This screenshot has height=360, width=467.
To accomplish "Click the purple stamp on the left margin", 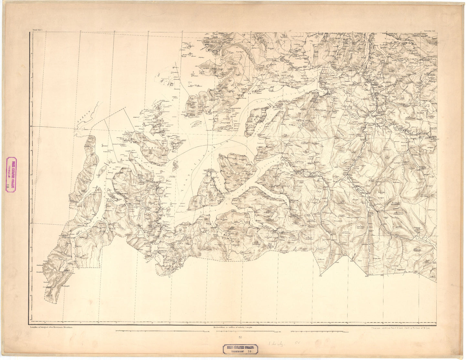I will tap(12, 175).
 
